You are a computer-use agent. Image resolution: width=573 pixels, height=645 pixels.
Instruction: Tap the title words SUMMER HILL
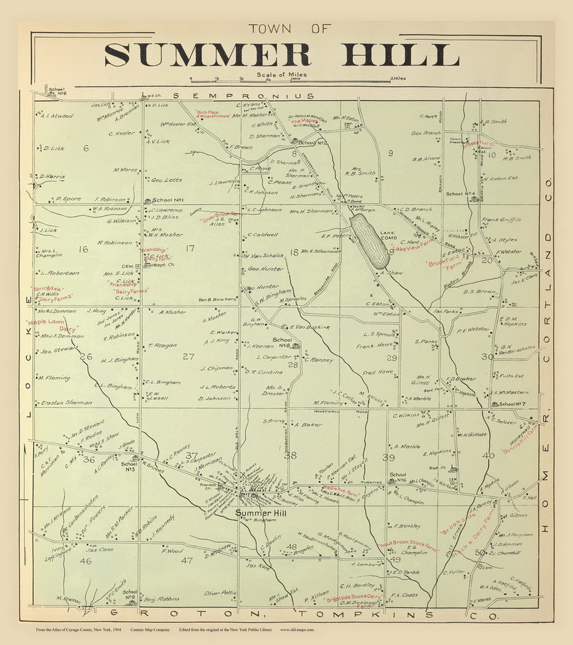tap(281, 55)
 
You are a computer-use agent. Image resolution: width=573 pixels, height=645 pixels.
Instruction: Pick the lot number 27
tap(188, 356)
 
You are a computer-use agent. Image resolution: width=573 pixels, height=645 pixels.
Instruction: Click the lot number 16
tap(83, 249)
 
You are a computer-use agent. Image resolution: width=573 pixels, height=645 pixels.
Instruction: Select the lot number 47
tap(187, 560)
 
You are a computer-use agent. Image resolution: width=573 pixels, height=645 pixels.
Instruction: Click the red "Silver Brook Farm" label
tap(220, 217)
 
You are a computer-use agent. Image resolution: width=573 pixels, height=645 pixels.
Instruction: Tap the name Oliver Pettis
tap(220, 593)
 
